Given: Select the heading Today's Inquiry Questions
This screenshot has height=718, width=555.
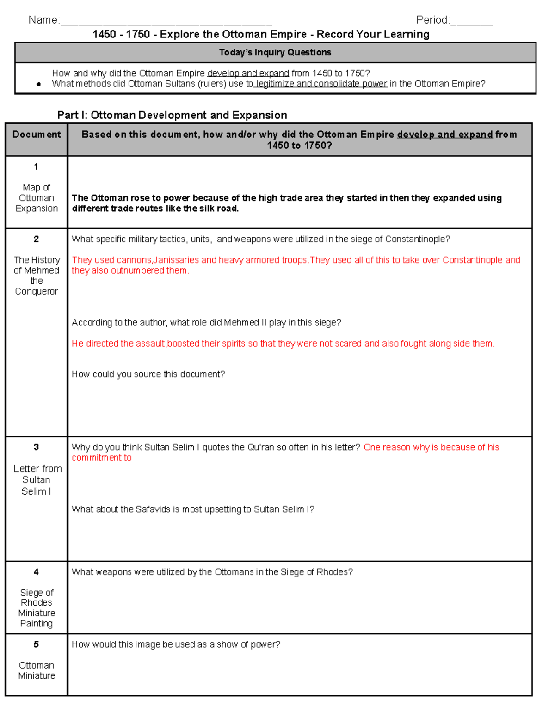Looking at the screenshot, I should coord(275,53).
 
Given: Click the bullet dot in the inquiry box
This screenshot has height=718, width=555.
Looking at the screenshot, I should coord(39,84).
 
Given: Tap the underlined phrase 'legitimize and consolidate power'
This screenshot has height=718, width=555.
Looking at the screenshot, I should coord(321,84).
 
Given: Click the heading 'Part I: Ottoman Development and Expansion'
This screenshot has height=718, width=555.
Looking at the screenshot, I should coord(172,115).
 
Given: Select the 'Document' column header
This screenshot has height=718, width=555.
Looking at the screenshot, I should coord(37,135).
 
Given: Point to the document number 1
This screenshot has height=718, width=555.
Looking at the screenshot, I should coord(36,166).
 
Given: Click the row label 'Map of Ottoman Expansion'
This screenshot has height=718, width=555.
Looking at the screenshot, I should coord(37,198).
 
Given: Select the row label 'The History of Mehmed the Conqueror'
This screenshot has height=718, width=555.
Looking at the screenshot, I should coord(37,276).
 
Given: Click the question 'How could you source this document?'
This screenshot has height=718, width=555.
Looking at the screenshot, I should coord(148,374).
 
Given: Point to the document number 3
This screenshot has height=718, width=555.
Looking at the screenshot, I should coord(36,447).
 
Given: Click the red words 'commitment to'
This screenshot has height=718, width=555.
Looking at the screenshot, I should coord(102,458).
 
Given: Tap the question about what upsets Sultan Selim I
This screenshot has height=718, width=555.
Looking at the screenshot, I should coord(193,509).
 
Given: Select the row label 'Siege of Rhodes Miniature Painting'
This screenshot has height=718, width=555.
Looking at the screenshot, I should coord(37,608).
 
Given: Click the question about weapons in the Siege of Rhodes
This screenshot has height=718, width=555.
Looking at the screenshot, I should coord(212,572).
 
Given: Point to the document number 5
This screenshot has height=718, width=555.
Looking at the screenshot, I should coord(36,644).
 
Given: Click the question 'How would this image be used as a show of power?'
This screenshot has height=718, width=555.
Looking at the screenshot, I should coord(176,644).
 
